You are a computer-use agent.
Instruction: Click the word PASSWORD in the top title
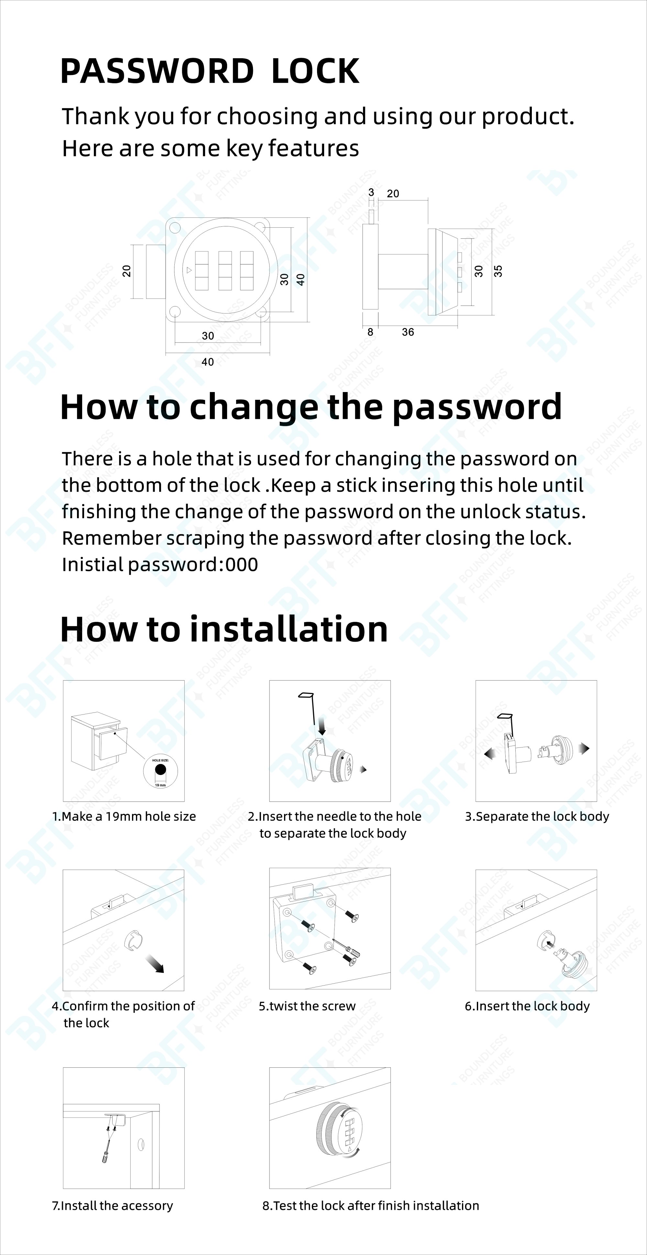point(157,71)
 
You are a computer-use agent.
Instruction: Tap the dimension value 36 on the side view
point(408,332)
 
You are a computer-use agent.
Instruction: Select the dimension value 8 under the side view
point(370,332)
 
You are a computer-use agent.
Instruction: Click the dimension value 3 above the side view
point(371,192)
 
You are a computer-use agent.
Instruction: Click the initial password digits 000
point(242,565)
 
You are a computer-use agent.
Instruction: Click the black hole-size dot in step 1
point(160,770)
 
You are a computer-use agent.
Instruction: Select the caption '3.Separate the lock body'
point(537,816)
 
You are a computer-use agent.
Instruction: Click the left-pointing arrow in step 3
point(490,754)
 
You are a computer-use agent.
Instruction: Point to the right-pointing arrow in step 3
point(584,748)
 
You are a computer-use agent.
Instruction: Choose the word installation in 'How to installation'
point(289,629)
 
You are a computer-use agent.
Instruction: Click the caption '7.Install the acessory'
point(113,1206)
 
